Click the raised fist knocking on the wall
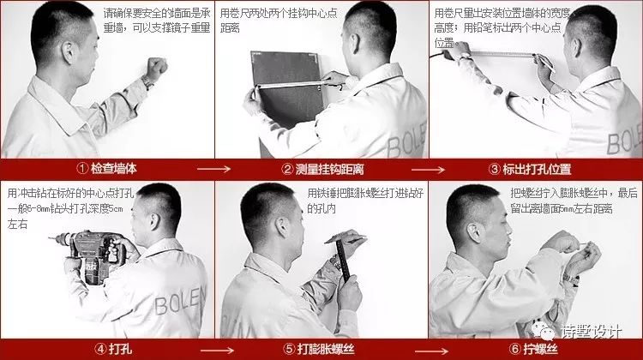156,67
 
